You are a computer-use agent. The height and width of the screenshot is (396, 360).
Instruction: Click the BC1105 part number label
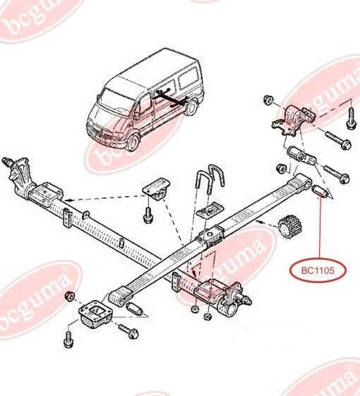click(x=318, y=271)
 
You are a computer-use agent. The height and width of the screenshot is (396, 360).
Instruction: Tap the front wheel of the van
click(x=133, y=143)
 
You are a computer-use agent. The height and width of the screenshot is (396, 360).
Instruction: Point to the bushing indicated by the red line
click(x=320, y=192)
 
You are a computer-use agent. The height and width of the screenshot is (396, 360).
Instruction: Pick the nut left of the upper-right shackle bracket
click(x=268, y=100)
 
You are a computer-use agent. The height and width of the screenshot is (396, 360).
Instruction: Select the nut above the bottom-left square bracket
click(x=70, y=296)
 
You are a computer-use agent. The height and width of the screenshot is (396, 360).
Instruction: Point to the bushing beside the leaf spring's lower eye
click(x=135, y=308)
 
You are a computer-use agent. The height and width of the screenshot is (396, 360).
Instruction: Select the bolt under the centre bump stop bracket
click(x=148, y=215)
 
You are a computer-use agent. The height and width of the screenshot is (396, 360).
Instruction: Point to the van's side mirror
click(x=136, y=116)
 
